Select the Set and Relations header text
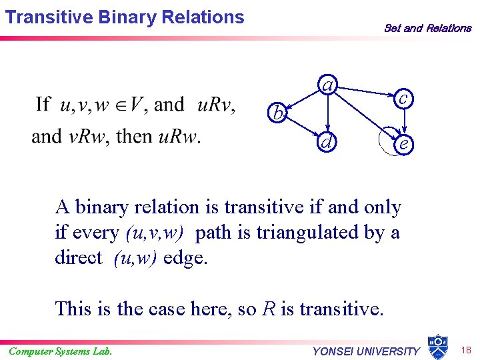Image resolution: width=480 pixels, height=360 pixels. pyautogui.click(x=427, y=28)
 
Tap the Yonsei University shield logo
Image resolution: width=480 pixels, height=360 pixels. pyautogui.click(x=437, y=347)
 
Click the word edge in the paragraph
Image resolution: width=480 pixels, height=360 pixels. pyautogui.click(x=185, y=258)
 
